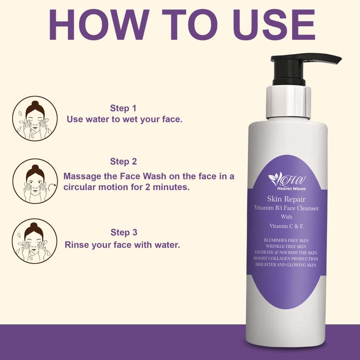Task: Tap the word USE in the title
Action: point(274,25)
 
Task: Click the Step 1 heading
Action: point(123,108)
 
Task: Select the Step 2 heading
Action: point(123,161)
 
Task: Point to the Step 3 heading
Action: point(124,232)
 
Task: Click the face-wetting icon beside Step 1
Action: point(35,119)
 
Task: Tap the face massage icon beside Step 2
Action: point(35,181)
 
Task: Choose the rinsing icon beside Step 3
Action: point(34,241)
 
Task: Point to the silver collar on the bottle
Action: point(289,103)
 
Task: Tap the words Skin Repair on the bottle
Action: point(286,199)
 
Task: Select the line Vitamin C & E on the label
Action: point(286,226)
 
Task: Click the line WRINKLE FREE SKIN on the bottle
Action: point(286,247)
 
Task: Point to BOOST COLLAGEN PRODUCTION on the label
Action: point(286,259)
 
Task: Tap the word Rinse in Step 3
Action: point(76,245)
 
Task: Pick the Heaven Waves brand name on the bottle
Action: point(291,189)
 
